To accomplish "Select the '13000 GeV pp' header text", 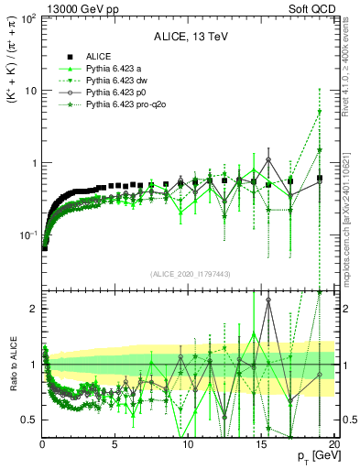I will click(41, 6).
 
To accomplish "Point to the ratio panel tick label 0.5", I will click(27, 420).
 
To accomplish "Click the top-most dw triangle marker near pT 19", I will click(320, 112).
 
